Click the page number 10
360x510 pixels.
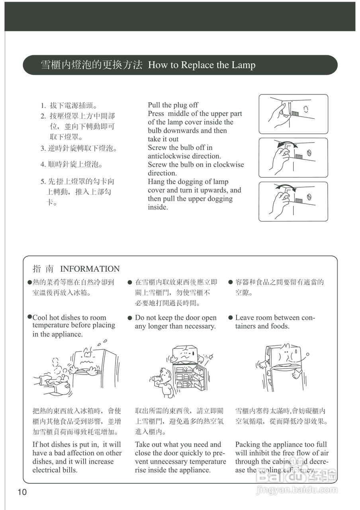click(x=22, y=492)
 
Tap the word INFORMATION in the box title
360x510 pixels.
click(x=90, y=269)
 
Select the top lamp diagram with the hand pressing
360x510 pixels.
click(x=293, y=114)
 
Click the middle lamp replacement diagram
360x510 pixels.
click(x=293, y=158)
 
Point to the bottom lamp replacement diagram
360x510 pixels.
click(x=293, y=202)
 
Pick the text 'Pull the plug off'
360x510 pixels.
click(x=173, y=105)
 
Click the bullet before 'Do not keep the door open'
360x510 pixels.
click(x=130, y=318)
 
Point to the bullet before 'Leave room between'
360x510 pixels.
click(x=230, y=318)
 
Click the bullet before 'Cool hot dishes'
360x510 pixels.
click(x=29, y=317)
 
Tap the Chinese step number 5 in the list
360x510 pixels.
click(x=43, y=182)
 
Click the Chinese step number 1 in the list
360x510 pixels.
click(x=43, y=106)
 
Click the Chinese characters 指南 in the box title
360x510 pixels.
click(x=43, y=269)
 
